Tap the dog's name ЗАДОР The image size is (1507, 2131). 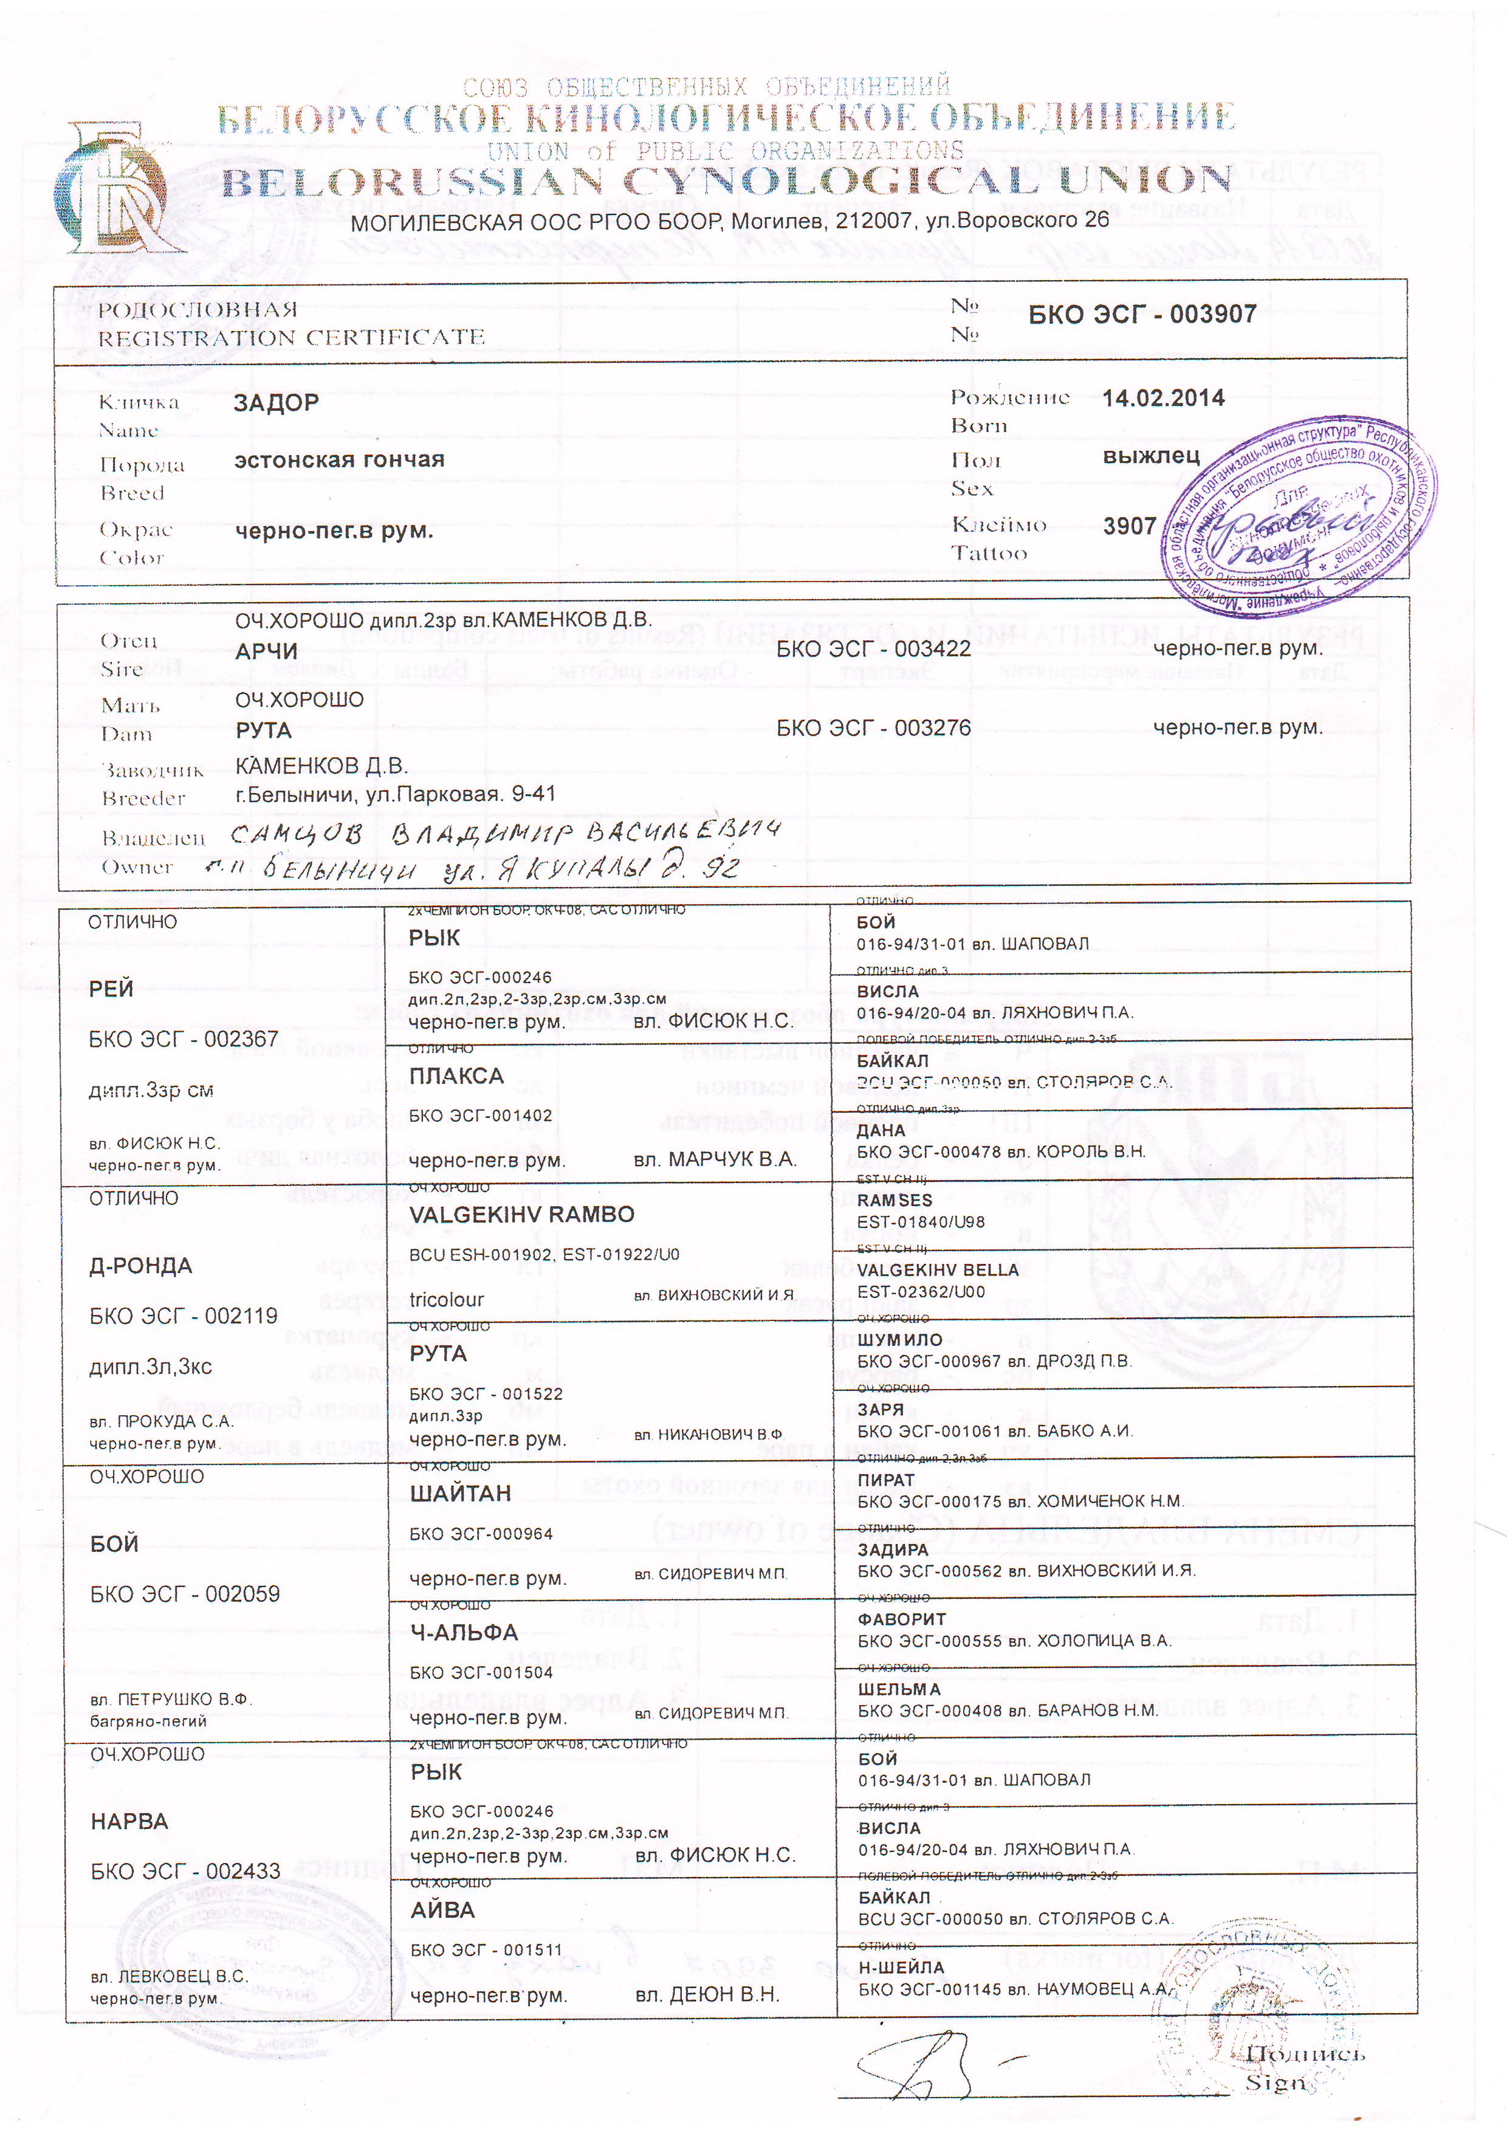point(276,403)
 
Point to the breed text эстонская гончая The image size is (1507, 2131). point(338,459)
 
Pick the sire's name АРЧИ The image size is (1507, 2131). point(266,651)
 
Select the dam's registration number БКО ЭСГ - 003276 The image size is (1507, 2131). point(873,729)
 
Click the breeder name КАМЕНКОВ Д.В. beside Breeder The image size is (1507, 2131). point(321,766)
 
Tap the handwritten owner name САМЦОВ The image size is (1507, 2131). point(296,834)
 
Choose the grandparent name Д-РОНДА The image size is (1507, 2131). point(141,1266)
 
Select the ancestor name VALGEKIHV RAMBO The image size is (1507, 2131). point(521,1215)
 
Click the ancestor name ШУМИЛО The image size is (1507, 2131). point(899,1339)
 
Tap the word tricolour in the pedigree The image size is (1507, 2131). point(447,1299)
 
